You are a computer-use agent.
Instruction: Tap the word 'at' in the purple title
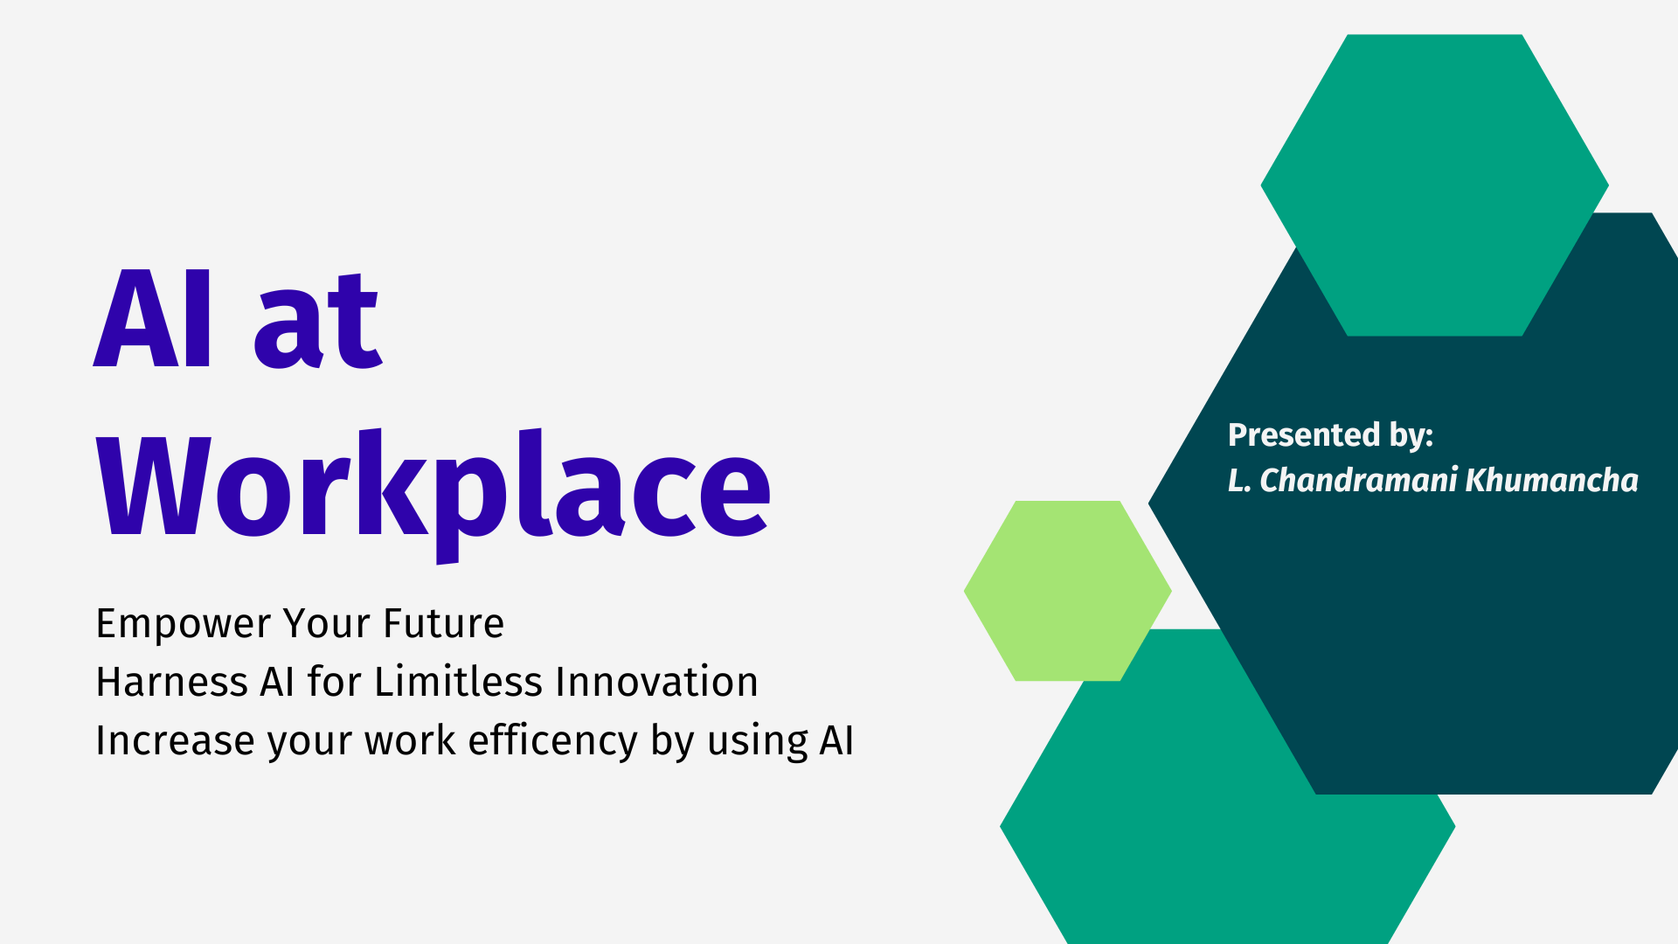click(317, 320)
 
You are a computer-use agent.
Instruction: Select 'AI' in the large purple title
click(153, 318)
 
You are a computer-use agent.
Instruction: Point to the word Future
click(444, 624)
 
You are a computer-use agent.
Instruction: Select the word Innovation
click(656, 682)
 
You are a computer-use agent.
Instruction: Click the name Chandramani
click(1358, 480)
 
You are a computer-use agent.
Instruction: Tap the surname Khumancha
click(1551, 480)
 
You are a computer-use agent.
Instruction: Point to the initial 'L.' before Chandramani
click(1239, 480)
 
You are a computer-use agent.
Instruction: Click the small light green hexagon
click(1067, 591)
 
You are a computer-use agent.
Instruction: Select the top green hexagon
click(1434, 185)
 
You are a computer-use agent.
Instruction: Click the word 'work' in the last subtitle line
click(411, 740)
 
